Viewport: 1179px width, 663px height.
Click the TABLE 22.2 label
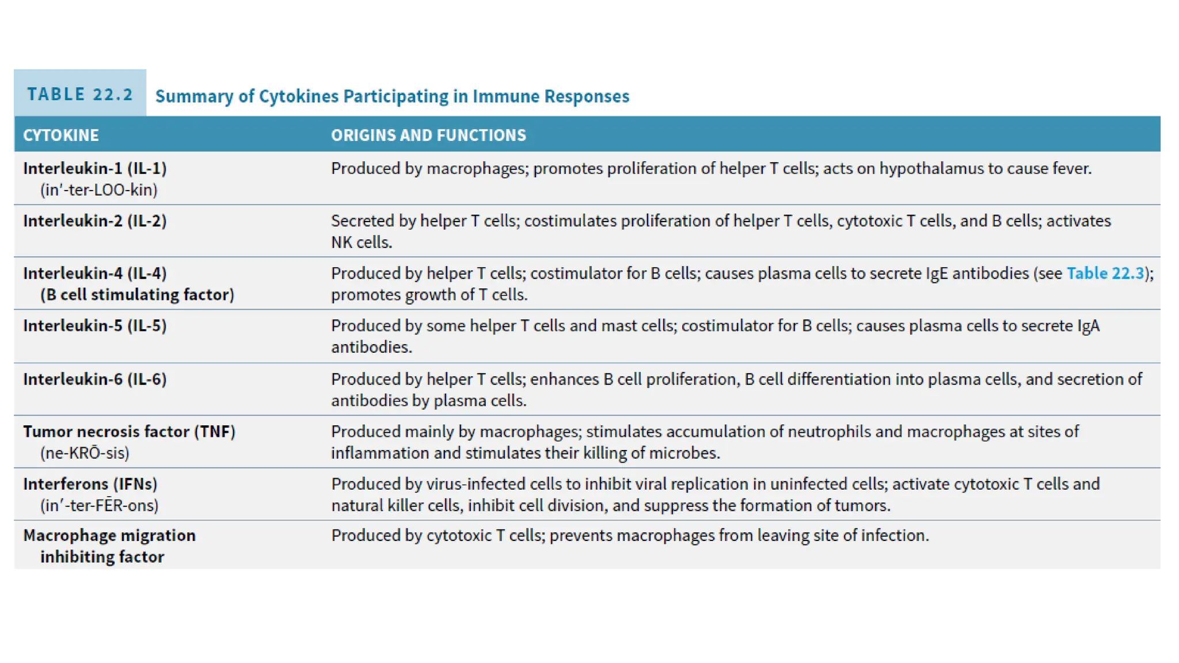pyautogui.click(x=80, y=94)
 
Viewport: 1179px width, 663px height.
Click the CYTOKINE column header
pyautogui.click(x=61, y=135)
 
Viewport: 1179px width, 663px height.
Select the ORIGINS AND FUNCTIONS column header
pyautogui.click(x=428, y=135)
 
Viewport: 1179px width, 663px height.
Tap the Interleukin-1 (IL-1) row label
pyautogui.click(x=95, y=168)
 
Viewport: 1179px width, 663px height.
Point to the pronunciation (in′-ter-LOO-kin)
pyautogui.click(x=98, y=190)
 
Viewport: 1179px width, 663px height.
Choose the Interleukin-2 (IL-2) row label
pyautogui.click(x=95, y=221)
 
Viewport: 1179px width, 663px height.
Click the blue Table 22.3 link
pyautogui.click(x=1105, y=273)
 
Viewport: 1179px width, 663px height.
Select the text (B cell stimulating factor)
pyautogui.click(x=137, y=295)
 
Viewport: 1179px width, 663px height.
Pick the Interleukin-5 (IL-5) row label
pyautogui.click(x=95, y=326)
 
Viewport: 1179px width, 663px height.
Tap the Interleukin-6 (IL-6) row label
pyautogui.click(x=95, y=379)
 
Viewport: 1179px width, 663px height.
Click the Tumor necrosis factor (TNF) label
pyautogui.click(x=129, y=432)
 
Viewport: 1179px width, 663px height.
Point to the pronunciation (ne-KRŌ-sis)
pyautogui.click(x=85, y=453)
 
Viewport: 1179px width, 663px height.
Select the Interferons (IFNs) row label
pyautogui.click(x=90, y=484)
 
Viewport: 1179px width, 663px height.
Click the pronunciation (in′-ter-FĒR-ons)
pyautogui.click(x=99, y=505)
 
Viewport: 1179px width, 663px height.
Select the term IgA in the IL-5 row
pyautogui.click(x=1089, y=326)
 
